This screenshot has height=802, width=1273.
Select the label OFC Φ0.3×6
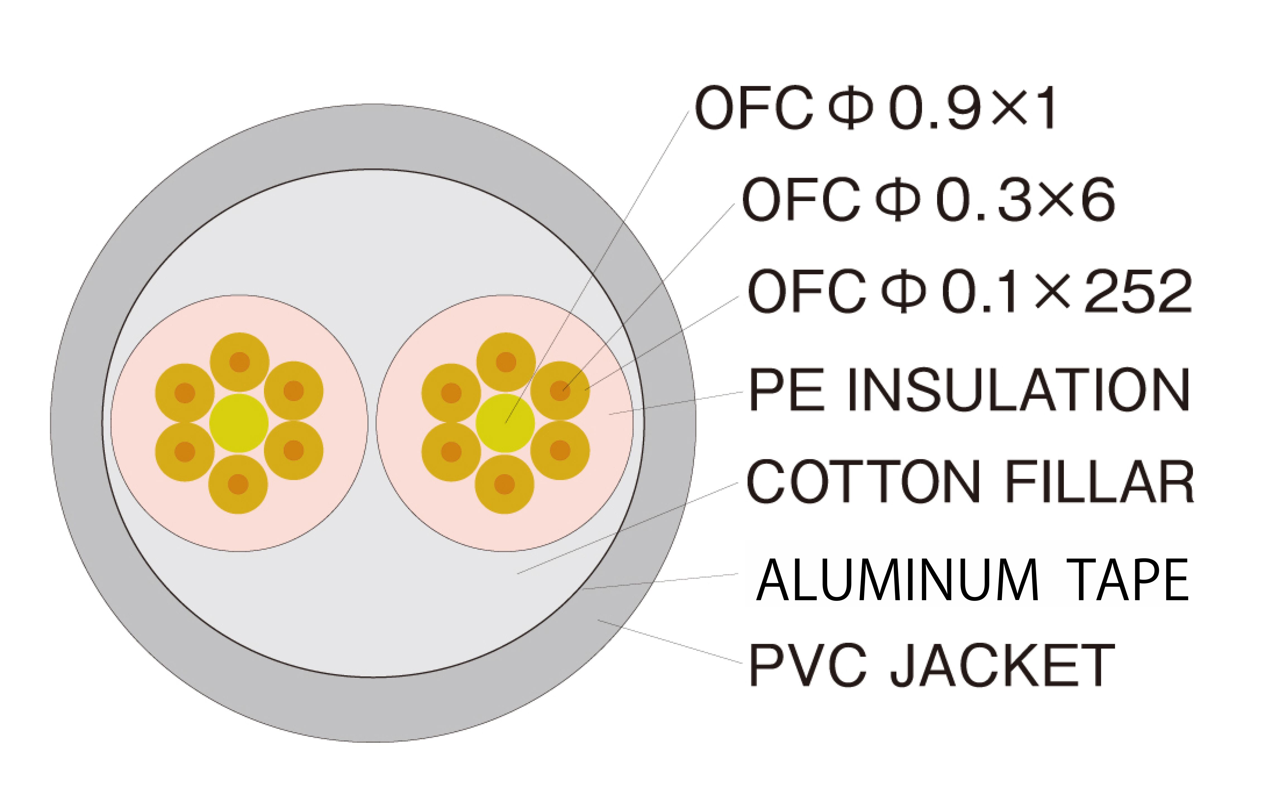[928, 200]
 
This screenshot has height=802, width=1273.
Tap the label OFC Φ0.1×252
[969, 291]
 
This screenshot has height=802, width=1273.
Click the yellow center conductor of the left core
[239, 423]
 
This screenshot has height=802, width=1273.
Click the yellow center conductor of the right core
[505, 423]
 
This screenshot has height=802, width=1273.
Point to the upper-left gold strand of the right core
[451, 393]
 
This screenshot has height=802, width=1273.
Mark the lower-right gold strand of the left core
[293, 451]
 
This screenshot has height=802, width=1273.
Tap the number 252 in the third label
[1138, 291]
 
